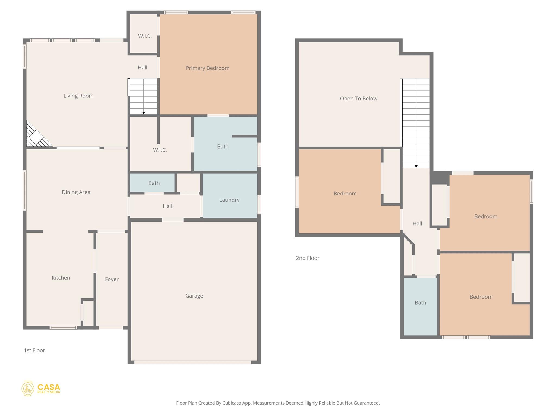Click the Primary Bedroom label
(x=207, y=68)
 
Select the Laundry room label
(x=229, y=200)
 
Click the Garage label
(x=194, y=296)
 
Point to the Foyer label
(x=112, y=279)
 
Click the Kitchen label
(x=61, y=277)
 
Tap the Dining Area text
(x=76, y=192)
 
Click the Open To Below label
(x=358, y=99)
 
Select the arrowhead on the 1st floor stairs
(x=144, y=113)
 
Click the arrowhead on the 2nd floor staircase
(x=416, y=166)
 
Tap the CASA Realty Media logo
(x=41, y=388)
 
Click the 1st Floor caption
(x=34, y=350)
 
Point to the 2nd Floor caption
(x=308, y=258)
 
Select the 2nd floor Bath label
(x=420, y=302)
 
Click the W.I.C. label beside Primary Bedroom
(x=145, y=36)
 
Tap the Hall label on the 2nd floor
(x=417, y=223)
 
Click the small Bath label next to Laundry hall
(x=154, y=183)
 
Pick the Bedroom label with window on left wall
(x=345, y=194)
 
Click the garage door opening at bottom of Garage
(x=193, y=362)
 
